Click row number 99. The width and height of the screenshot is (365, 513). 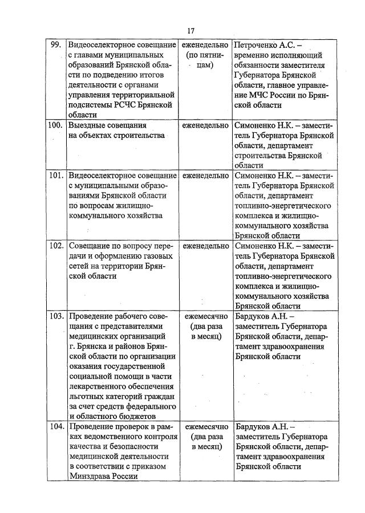55,44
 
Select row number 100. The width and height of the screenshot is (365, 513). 55,125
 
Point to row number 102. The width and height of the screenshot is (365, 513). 55,246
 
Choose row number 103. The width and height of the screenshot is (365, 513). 55,316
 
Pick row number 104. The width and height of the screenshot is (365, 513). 55,426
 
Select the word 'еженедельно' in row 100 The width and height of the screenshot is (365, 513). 205,125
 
